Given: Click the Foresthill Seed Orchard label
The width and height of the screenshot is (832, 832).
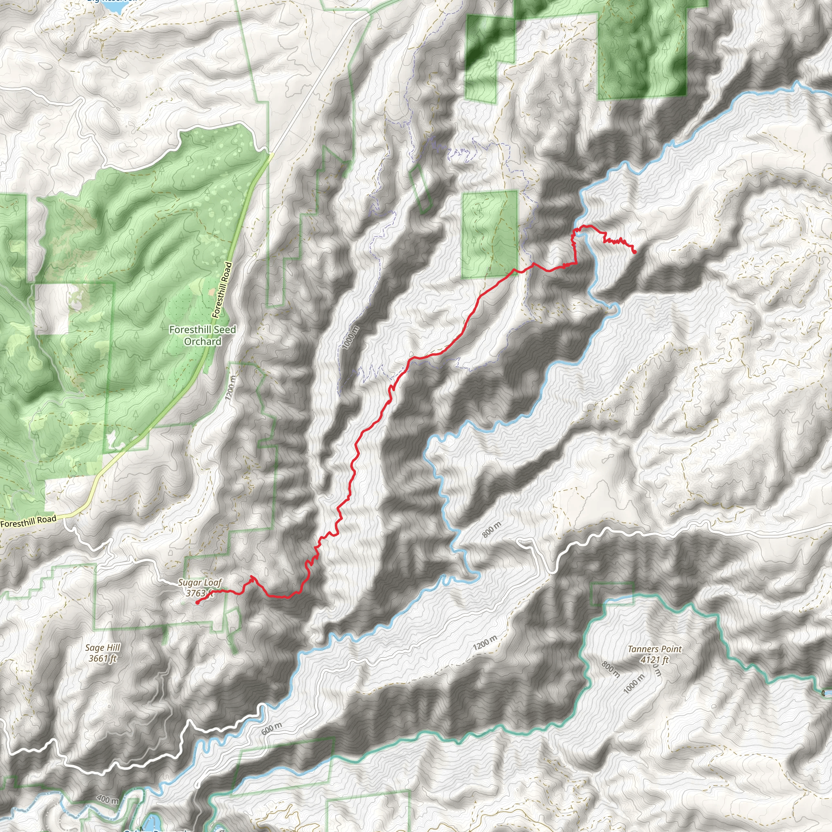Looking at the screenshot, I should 202,336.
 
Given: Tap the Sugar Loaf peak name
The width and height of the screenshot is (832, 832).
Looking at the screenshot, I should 200,583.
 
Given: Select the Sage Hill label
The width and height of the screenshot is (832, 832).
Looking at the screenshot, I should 102,647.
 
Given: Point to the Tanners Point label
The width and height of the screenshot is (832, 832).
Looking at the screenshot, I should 654,649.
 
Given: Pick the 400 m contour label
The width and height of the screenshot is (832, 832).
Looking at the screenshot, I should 108,799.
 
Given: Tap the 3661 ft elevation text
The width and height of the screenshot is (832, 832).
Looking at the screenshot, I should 102,658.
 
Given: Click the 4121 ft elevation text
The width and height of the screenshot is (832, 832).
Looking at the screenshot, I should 654,659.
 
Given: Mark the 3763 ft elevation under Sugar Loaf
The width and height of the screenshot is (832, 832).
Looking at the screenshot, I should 198,593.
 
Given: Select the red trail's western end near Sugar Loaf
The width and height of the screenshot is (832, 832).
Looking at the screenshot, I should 197,603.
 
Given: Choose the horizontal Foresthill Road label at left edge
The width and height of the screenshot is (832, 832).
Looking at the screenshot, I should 28,522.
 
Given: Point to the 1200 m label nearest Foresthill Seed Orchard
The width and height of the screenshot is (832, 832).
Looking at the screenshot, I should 230,388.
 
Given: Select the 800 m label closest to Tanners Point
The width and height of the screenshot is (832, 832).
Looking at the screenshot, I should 611,669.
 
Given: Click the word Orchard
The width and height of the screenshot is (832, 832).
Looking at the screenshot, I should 202,342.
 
